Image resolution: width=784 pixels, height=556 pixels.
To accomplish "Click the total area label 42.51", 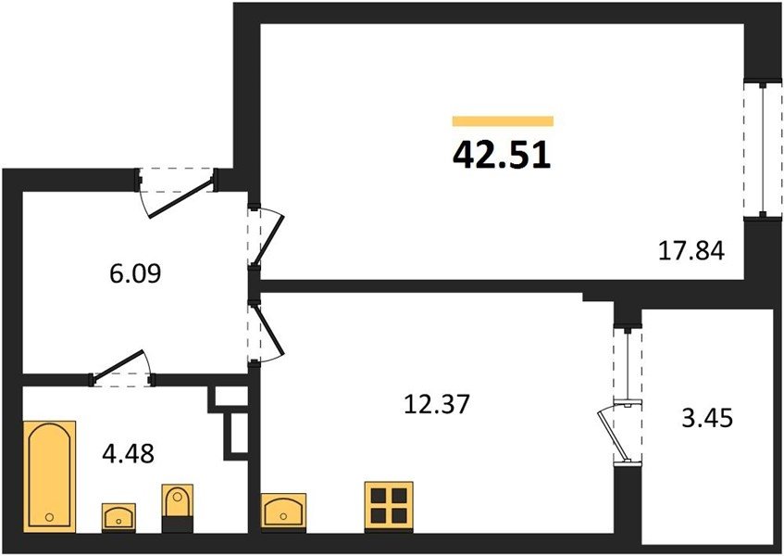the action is [x=502, y=155].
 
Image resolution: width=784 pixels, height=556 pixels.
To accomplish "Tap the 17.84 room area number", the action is [x=691, y=250].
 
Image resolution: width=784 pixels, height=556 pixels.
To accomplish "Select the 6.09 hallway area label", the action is [x=135, y=273].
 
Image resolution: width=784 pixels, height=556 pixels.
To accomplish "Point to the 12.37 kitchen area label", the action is [x=437, y=404].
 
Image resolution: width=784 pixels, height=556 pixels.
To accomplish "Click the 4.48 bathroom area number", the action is [x=128, y=454].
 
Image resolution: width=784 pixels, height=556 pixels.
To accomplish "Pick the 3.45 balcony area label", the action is [x=707, y=418].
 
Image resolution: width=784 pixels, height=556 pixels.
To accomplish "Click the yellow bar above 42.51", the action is [x=503, y=121].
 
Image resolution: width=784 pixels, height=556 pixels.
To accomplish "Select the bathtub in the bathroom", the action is [x=49, y=475].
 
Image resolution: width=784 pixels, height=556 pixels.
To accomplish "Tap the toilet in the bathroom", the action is [x=178, y=508].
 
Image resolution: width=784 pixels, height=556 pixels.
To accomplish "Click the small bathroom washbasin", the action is [x=118, y=517].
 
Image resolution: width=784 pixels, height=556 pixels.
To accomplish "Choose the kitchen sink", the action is [x=283, y=511].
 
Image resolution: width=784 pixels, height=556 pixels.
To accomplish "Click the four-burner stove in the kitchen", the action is [x=389, y=506].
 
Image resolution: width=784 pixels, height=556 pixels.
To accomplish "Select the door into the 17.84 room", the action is [x=267, y=238].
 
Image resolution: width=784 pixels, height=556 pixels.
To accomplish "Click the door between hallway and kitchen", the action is [x=267, y=333].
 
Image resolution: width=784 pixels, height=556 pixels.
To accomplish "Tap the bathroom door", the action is [x=121, y=370].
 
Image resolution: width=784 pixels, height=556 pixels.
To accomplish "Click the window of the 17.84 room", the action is [x=763, y=149].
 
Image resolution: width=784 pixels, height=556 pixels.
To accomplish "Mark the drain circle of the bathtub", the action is [x=49, y=516].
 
